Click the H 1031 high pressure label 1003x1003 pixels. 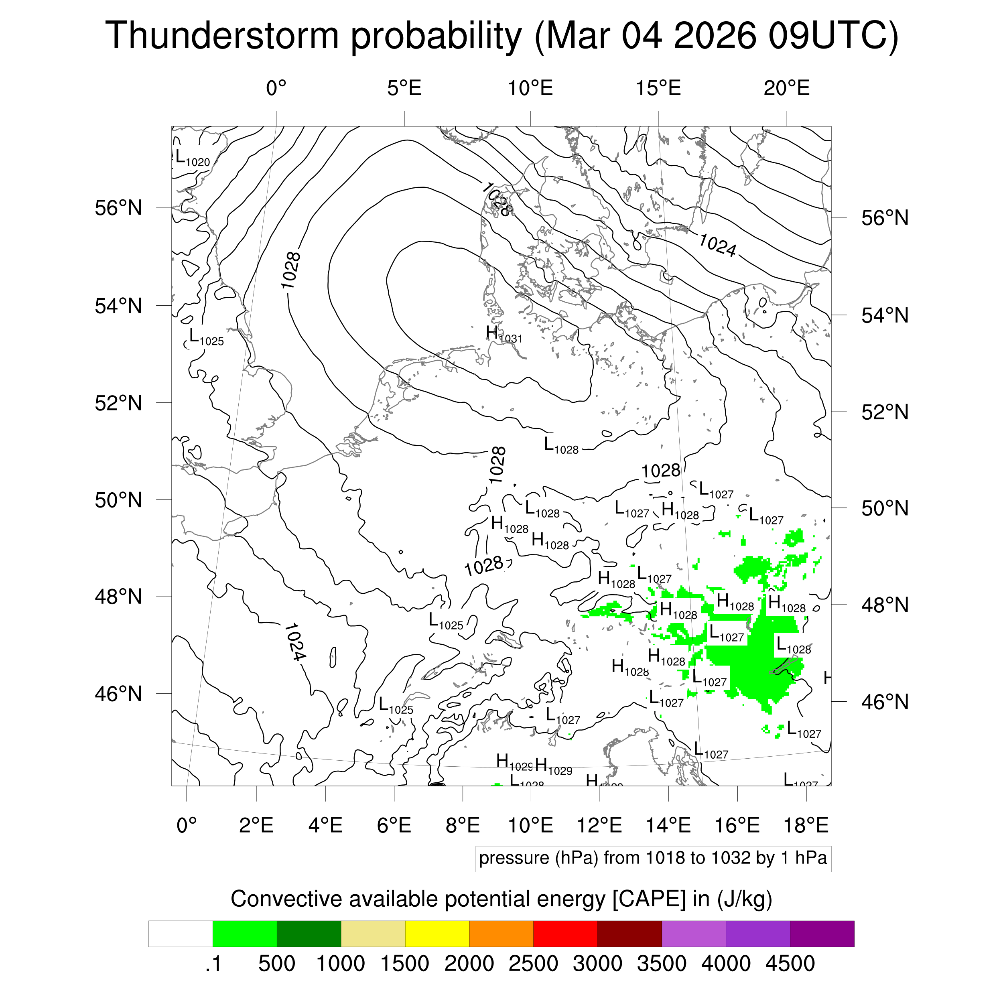tap(503, 334)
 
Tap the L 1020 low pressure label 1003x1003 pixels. tap(192, 158)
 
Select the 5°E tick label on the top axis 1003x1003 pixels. tap(404, 88)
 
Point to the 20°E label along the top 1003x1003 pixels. tap(786, 88)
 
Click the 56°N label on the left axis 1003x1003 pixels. tap(118, 208)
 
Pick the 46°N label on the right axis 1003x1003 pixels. tap(885, 702)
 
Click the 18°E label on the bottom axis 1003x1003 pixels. tap(805, 825)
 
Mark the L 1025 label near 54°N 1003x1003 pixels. tap(205, 338)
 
